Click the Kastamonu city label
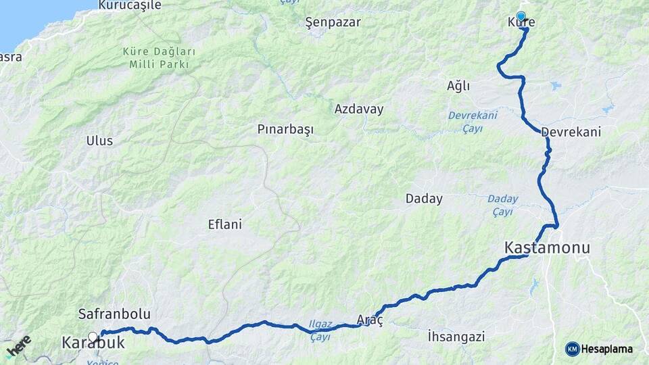(547, 248)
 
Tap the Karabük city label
(93, 343)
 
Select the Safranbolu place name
(114, 314)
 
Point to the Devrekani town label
(571, 132)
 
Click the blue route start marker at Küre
(521, 16)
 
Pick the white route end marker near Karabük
(93, 335)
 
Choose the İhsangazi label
(457, 336)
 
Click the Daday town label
(424, 199)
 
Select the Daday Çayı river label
(502, 205)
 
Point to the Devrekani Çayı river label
(473, 120)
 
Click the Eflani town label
(224, 224)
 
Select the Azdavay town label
(358, 109)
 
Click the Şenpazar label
(333, 22)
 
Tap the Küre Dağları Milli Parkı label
(160, 58)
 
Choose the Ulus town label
(99, 141)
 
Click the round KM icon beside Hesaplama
(572, 349)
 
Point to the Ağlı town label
(458, 87)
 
